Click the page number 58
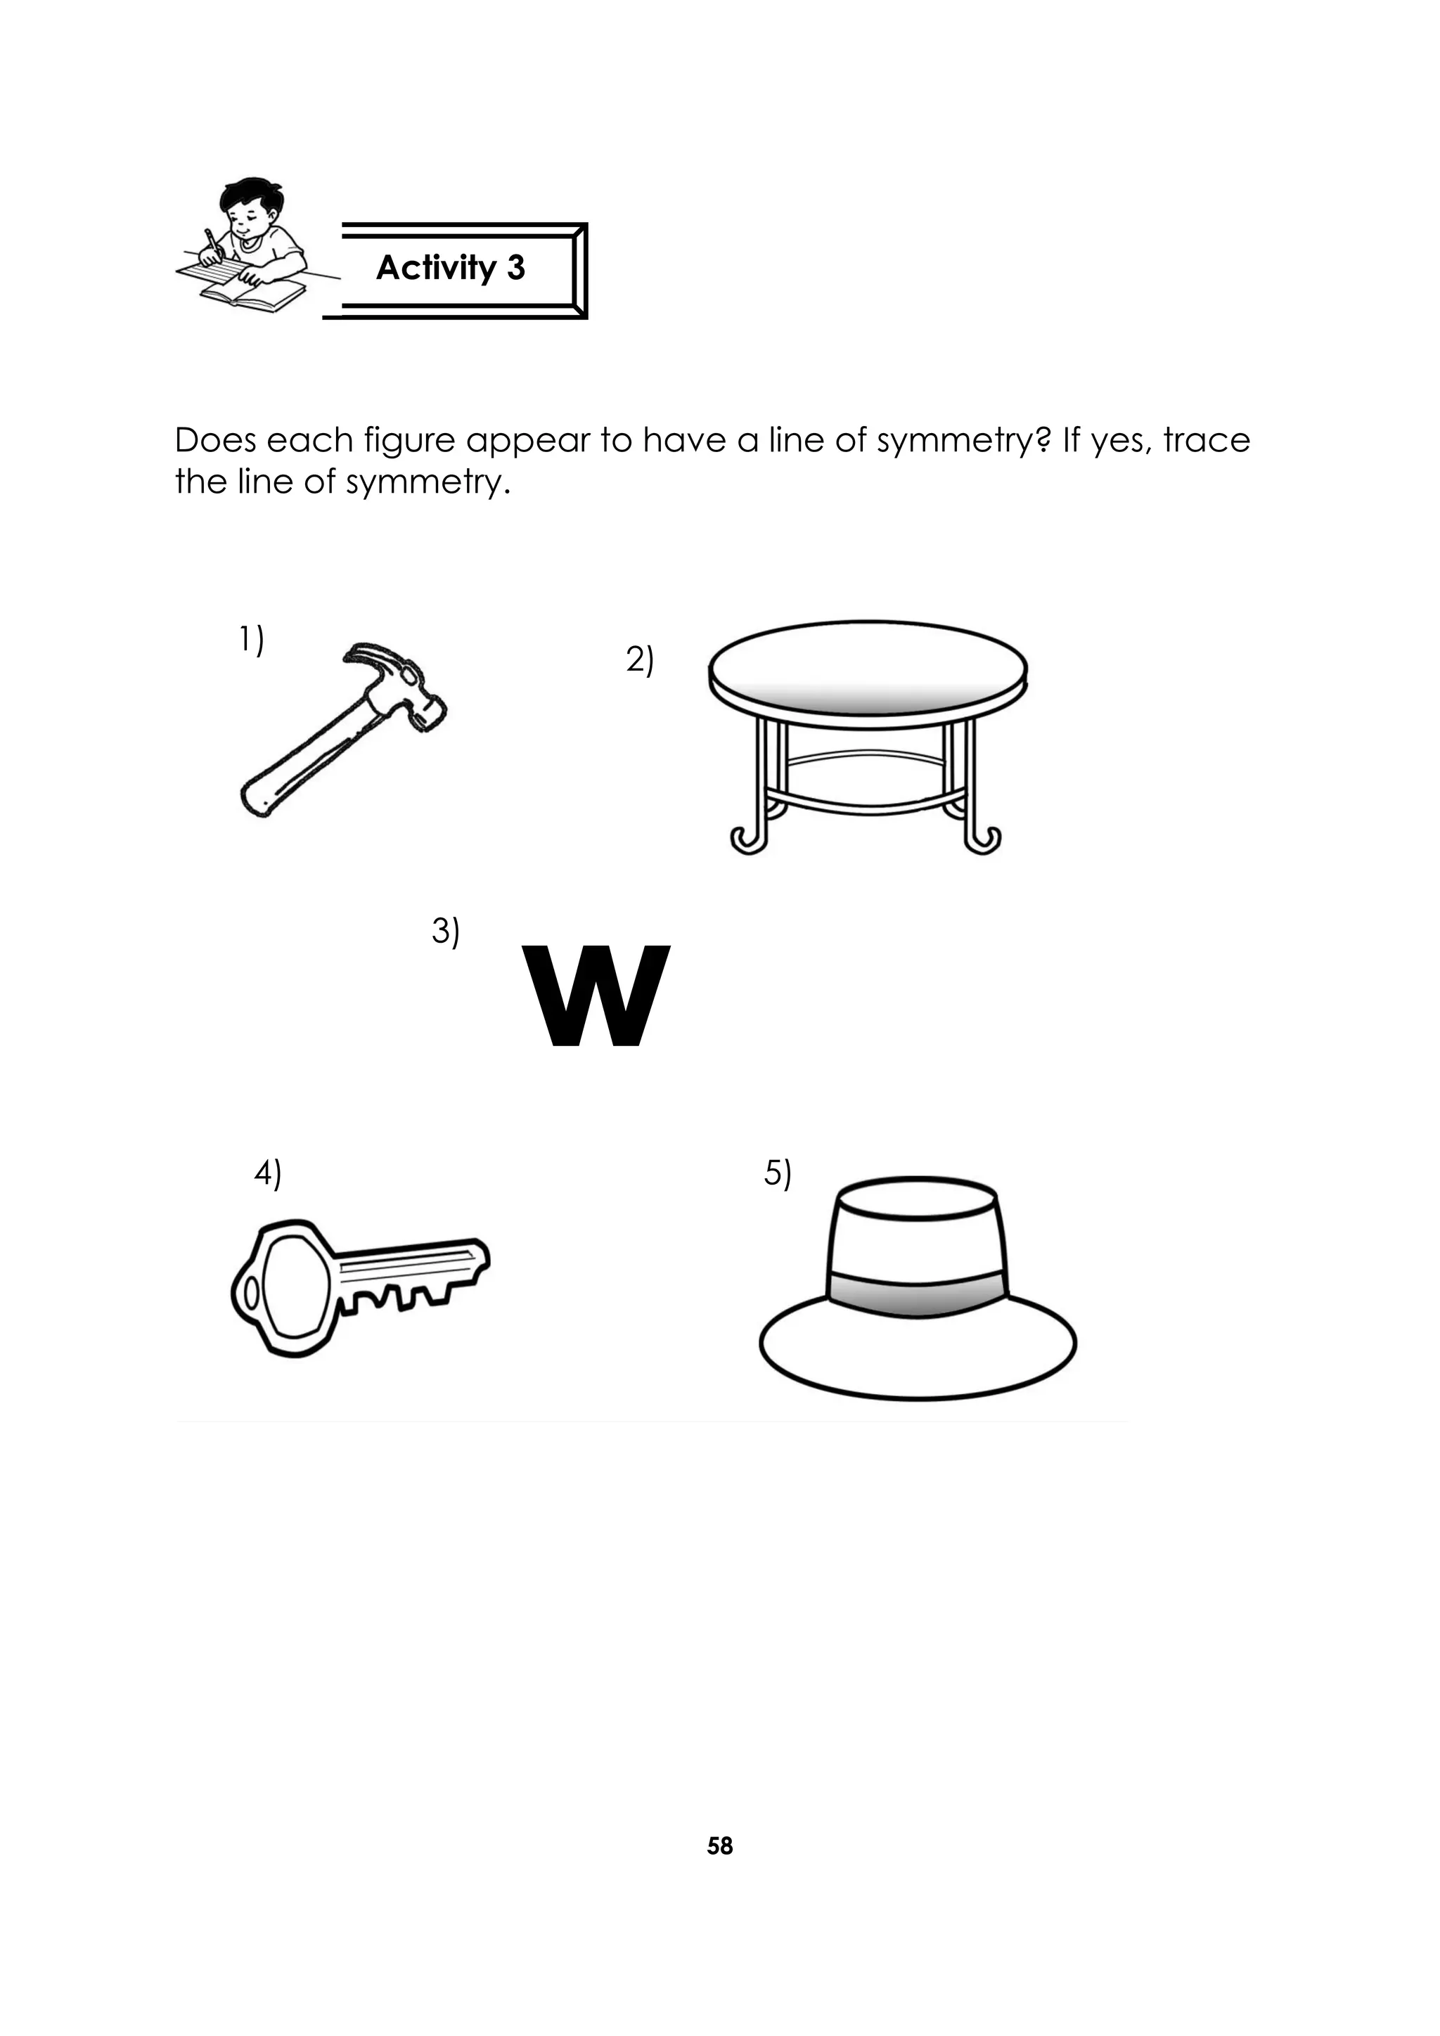pos(720,1846)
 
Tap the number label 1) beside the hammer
pos(251,640)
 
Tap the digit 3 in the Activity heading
pos(516,268)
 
